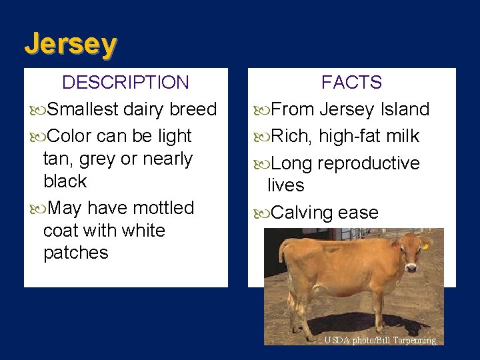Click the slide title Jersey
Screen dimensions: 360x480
[71, 44]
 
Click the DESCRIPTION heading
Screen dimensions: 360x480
[125, 83]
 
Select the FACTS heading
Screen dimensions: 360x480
[351, 83]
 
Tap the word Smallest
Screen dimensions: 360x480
[83, 109]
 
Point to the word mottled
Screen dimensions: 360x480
[163, 208]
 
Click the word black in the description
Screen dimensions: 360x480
[65, 181]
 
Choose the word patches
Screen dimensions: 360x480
[75, 253]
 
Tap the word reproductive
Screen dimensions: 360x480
[369, 163]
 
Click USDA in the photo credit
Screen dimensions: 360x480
[336, 340]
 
